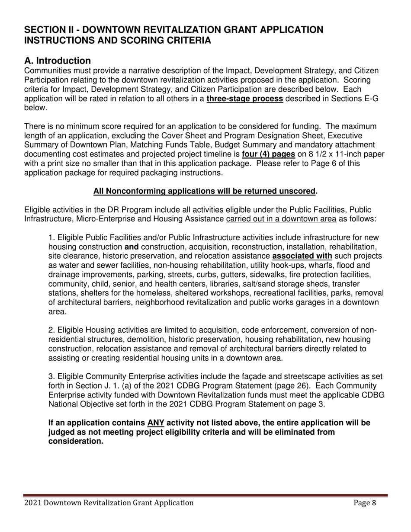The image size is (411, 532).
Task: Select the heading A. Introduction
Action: (x=58, y=61)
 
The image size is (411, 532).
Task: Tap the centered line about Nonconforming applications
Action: (x=205, y=191)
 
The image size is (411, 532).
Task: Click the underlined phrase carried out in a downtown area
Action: (x=281, y=219)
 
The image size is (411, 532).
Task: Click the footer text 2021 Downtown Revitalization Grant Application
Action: (x=109, y=503)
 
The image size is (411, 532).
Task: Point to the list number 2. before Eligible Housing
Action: (x=51, y=330)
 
